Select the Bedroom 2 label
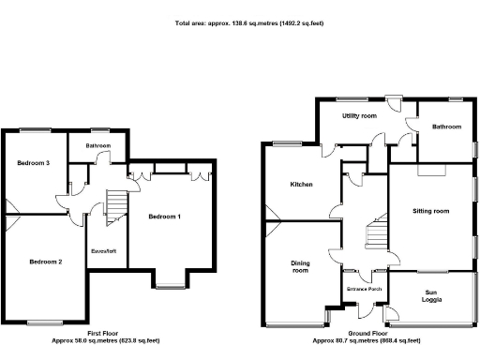[45, 262]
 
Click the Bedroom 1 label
[164, 217]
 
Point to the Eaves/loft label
[103, 250]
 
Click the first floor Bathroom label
[98, 146]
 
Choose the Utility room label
[359, 115]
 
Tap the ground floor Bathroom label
[445, 126]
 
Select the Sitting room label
[430, 211]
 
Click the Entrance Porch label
[363, 289]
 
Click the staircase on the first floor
[116, 205]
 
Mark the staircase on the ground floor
[376, 231]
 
